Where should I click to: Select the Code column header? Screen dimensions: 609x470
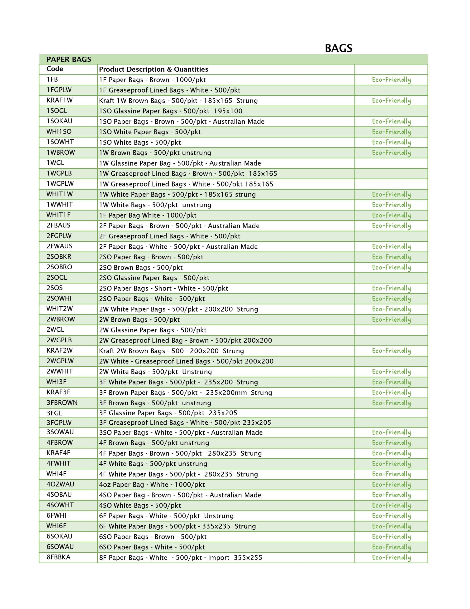coord(55,69)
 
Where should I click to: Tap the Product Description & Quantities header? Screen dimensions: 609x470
coord(153,69)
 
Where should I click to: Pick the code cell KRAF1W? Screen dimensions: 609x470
coord(59,100)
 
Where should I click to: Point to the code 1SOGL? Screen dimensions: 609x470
coord(57,111)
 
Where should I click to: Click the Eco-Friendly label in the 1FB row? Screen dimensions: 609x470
coord(391,80)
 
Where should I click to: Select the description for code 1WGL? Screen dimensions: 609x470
coord(180,163)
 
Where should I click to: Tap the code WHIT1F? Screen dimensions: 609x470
coord(58,215)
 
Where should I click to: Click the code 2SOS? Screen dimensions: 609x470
coord(55,288)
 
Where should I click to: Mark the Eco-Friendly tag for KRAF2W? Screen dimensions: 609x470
coord(391,351)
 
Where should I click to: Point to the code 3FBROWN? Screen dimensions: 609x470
coord(62,403)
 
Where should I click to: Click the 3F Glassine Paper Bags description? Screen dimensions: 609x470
coord(168,413)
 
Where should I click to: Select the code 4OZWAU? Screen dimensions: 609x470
coord(60,484)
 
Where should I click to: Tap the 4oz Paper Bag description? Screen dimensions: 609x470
coord(152,485)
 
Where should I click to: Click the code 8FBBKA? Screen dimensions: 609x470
coord(58,557)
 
